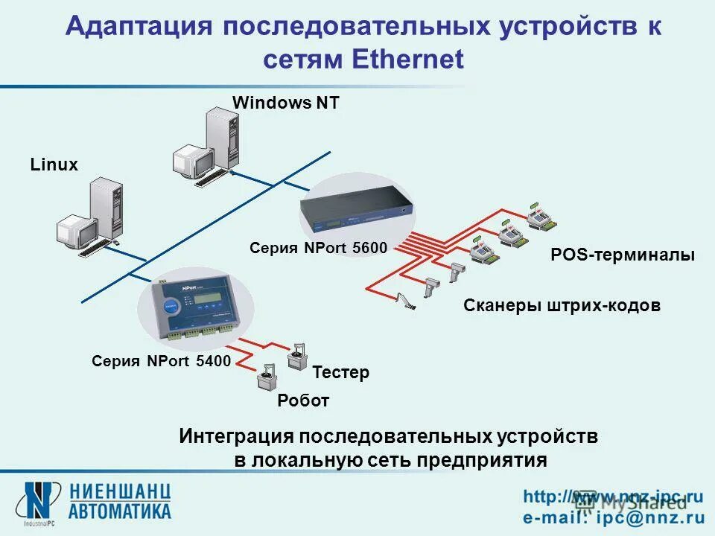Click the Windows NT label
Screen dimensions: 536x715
coord(286,103)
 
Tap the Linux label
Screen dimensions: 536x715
coord(54,165)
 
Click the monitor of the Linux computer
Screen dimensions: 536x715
coord(77,230)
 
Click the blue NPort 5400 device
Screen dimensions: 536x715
coord(196,307)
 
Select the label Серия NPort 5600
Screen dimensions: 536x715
coord(319,248)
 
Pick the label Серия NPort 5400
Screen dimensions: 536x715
coord(161,361)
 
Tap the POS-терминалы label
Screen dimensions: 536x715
coord(623,255)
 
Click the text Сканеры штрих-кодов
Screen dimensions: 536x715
coord(562,305)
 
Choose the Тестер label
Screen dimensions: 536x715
coord(340,372)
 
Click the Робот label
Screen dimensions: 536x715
coord(303,401)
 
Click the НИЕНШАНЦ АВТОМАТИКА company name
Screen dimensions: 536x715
coord(121,501)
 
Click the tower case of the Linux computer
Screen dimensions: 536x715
coord(105,211)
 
